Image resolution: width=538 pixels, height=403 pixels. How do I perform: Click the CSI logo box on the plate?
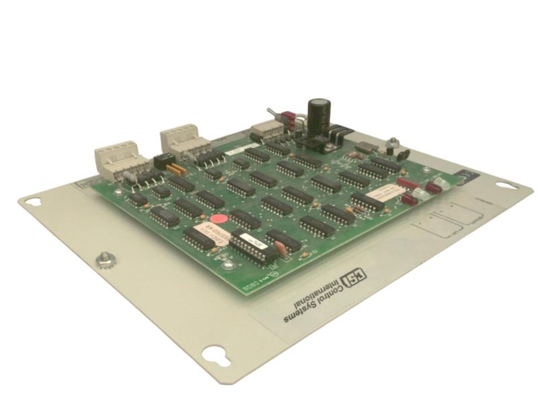point(350,279)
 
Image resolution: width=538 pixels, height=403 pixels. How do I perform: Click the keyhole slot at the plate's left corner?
point(34,201)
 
